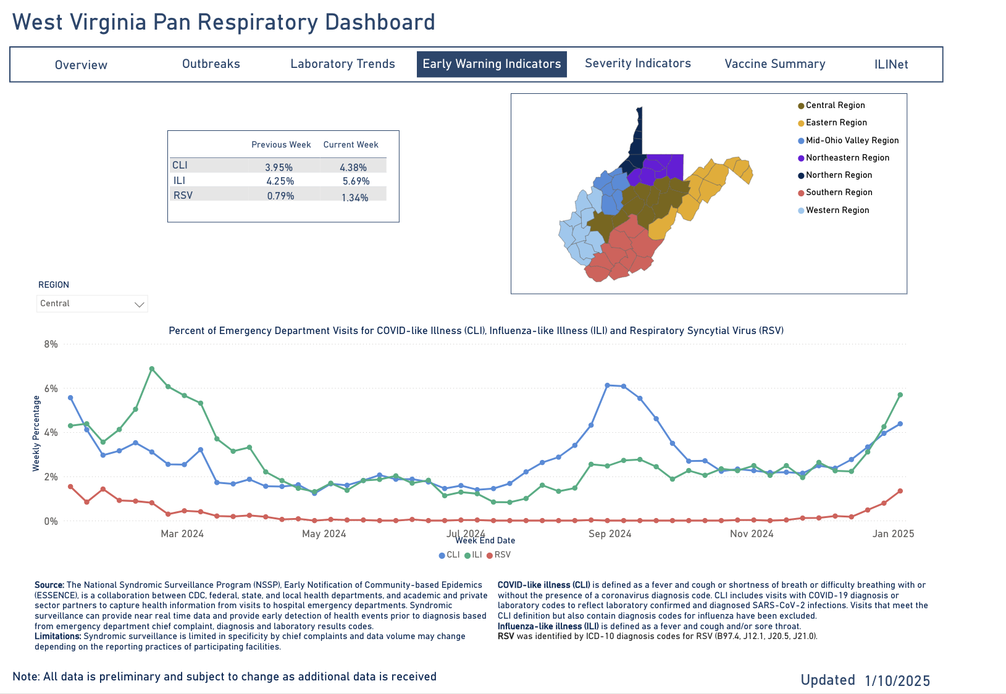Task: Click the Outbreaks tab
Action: click(x=211, y=64)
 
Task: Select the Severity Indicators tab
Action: click(x=637, y=64)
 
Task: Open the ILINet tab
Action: click(x=891, y=64)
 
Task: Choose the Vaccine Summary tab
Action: click(x=774, y=64)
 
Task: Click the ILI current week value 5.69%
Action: click(x=356, y=181)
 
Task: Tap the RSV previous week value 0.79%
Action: click(x=280, y=196)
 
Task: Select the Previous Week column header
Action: click(x=281, y=144)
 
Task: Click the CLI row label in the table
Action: click(x=180, y=165)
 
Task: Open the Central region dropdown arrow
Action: click(x=140, y=304)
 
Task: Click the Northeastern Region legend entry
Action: click(x=847, y=157)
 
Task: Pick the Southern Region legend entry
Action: click(x=838, y=192)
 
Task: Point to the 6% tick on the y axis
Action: click(x=51, y=388)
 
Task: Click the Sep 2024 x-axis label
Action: click(x=610, y=533)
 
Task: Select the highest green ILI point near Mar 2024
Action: click(x=151, y=369)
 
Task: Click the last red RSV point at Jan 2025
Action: click(x=900, y=491)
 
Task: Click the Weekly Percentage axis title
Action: click(x=36, y=433)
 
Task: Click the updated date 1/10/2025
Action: click(x=897, y=680)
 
